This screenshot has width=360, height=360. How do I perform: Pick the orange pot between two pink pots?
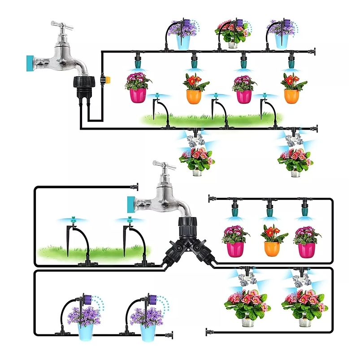272,248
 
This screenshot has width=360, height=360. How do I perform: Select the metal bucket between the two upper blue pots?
233,44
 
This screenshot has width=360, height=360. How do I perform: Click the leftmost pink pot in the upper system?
138,95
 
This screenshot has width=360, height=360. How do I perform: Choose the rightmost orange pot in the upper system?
291,95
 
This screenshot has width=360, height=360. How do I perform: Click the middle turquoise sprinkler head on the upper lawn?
215,95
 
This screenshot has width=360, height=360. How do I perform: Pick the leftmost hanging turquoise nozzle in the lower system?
235,211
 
